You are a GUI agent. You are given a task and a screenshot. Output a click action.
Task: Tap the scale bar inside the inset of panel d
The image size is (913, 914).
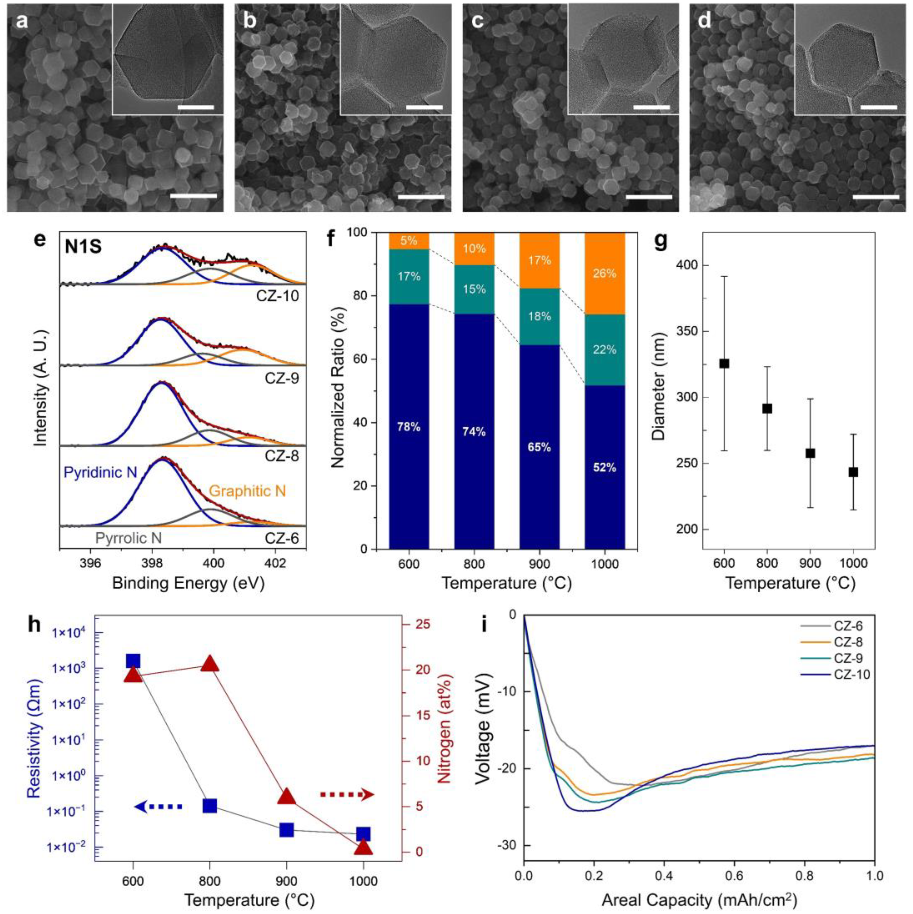click(x=879, y=107)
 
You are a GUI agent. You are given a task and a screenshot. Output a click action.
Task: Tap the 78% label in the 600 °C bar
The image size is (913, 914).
click(x=409, y=427)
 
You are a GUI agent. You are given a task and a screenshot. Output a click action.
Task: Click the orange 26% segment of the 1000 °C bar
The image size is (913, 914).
click(x=605, y=274)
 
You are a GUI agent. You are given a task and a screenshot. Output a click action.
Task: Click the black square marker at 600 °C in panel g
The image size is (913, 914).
click(x=724, y=363)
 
